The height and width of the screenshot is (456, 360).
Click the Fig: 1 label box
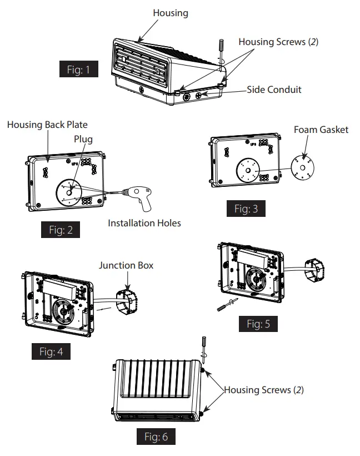(78, 70)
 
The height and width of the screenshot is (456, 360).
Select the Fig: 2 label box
(60, 230)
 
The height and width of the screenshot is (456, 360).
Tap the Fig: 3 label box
(246, 209)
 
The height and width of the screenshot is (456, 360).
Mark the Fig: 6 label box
(156, 437)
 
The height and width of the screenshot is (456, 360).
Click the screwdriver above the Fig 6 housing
(202, 345)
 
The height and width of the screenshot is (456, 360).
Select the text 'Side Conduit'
(274, 90)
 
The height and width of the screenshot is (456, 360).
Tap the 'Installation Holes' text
(144, 223)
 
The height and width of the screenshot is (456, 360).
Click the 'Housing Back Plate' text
(47, 125)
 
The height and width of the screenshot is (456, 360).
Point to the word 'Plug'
(83, 139)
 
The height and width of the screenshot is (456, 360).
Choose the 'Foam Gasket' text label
(321, 130)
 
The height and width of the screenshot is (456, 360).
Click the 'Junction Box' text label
(126, 265)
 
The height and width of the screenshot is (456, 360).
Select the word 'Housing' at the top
(171, 12)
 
